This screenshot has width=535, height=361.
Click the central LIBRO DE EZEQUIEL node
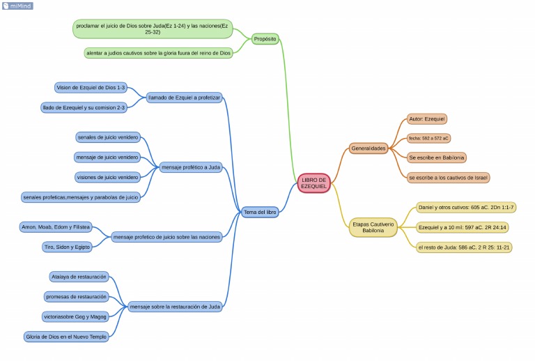(313, 183)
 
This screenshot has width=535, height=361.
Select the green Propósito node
(265, 39)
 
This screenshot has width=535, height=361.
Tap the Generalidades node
(369, 148)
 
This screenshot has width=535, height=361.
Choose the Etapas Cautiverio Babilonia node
(373, 227)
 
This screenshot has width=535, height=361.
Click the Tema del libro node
(260, 211)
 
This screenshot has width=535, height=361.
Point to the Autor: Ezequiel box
(426, 119)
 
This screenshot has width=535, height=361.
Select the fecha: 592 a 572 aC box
(428, 138)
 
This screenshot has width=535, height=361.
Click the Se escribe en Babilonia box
(437, 158)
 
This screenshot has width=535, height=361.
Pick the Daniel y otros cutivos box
(465, 207)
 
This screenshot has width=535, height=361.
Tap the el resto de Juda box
(463, 247)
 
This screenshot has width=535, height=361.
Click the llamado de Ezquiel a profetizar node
(184, 98)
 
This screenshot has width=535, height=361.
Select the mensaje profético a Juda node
(191, 167)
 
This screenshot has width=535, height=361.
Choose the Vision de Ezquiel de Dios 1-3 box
(91, 87)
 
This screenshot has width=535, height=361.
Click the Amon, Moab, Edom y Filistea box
(56, 226)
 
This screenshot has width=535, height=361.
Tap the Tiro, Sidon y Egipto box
(68, 247)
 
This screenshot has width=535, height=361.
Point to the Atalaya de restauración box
(79, 277)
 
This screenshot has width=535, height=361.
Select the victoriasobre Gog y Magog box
(75, 316)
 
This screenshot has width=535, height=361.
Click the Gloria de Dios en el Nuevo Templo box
(66, 337)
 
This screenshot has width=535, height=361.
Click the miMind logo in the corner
(17, 6)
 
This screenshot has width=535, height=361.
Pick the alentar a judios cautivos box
(158, 53)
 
